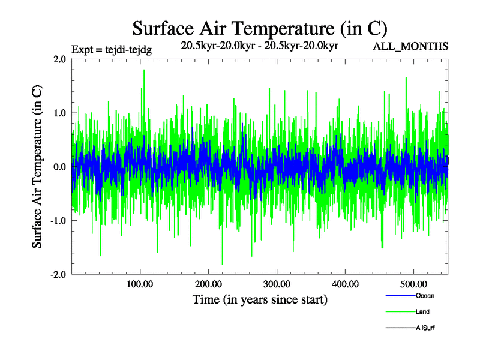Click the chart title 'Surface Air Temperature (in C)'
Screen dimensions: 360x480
click(x=259, y=28)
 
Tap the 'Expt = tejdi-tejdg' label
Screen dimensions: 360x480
click(x=112, y=49)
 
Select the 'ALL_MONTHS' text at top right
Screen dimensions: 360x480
click(x=411, y=47)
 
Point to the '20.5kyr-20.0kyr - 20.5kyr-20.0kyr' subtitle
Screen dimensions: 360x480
click(x=260, y=46)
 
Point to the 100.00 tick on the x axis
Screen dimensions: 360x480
click(x=140, y=284)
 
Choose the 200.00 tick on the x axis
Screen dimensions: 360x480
click(x=208, y=284)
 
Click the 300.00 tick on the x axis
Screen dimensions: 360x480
click(x=277, y=284)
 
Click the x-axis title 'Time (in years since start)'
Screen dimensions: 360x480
click(x=260, y=299)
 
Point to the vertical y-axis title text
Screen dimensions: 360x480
click(x=37, y=167)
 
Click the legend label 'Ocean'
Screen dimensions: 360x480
click(x=425, y=296)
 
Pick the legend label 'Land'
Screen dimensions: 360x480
click(x=422, y=312)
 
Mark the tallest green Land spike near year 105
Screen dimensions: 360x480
click(x=144, y=71)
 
